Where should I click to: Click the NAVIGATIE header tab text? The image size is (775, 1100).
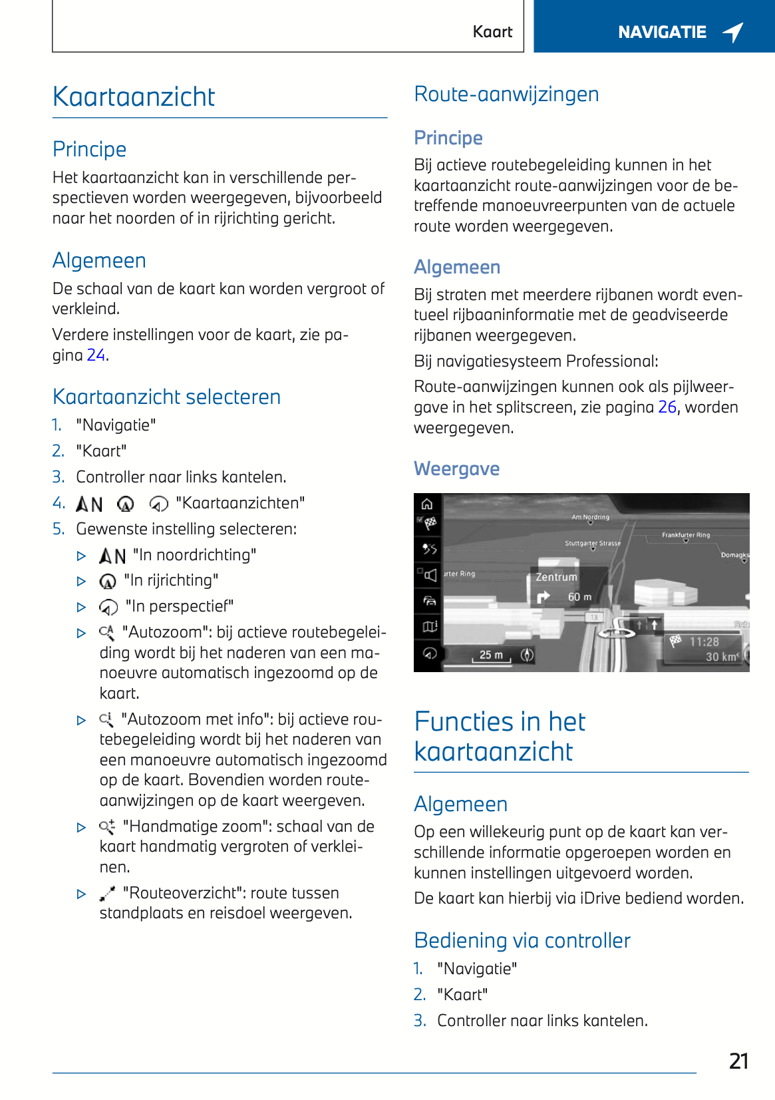pos(662,32)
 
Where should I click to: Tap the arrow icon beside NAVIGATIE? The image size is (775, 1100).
pos(733,32)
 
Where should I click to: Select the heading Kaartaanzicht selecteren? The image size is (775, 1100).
pos(166,397)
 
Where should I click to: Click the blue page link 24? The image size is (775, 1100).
pos(96,355)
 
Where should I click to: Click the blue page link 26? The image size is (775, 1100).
pos(667,407)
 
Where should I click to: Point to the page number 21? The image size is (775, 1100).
pos(738,1061)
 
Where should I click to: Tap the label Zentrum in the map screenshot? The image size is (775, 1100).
pos(556,577)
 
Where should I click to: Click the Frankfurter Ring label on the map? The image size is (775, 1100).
pos(685,535)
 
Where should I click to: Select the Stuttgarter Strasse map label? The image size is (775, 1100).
pos(592,544)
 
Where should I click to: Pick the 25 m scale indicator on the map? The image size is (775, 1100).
pos(491,655)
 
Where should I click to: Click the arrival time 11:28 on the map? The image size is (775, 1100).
pos(704,642)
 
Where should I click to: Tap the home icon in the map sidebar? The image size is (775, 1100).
pos(427,504)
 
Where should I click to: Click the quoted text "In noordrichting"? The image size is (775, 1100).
pos(194,555)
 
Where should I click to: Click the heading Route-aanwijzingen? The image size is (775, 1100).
pos(506,94)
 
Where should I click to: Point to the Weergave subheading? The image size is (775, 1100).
pos(456,469)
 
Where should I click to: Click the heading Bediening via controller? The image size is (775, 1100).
pos(522,941)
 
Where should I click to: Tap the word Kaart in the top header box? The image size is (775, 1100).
pos(492,32)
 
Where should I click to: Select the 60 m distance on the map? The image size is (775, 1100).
pos(579,597)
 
